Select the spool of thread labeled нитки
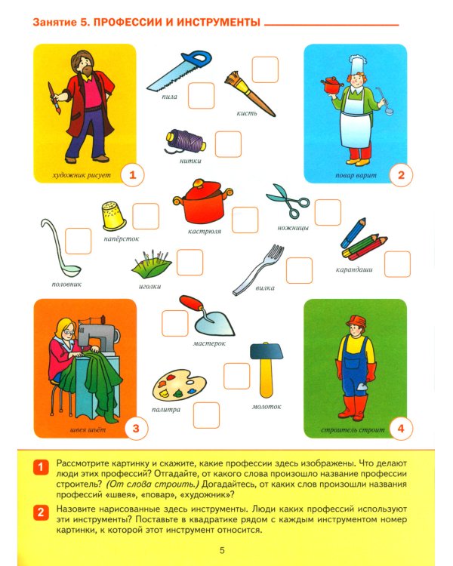pyautogui.click(x=186, y=141)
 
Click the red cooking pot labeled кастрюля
pyautogui.click(x=199, y=201)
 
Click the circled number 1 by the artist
pyautogui.click(x=132, y=176)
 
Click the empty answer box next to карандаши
pyautogui.click(x=397, y=264)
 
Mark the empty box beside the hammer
pyautogui.click(x=236, y=375)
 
